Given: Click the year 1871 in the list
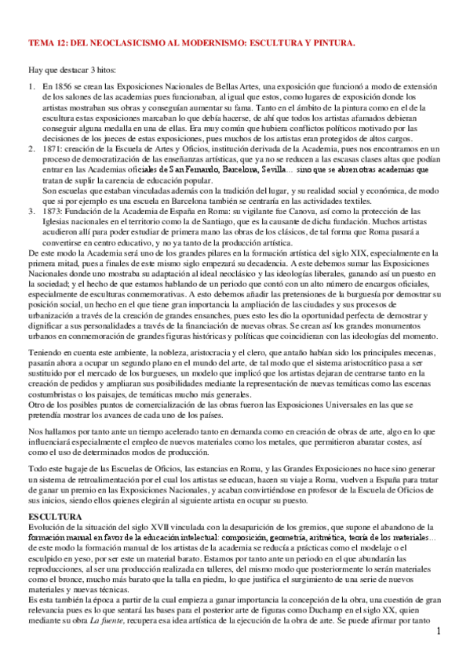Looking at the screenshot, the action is tap(55, 148).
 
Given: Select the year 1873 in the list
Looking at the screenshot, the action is tap(55, 212).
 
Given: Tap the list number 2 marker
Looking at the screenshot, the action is tap(31, 148).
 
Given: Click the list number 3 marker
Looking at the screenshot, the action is tap(31, 212).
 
